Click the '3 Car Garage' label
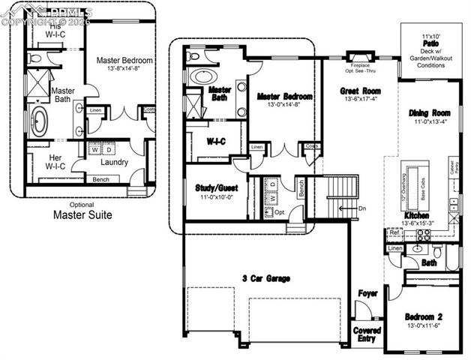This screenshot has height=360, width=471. (x=266, y=279)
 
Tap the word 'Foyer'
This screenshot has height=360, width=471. (x=367, y=293)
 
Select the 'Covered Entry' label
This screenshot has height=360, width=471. (x=367, y=334)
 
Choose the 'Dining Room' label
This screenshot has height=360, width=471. (x=429, y=113)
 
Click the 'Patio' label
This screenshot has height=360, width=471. (x=430, y=44)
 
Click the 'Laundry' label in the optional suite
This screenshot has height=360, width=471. (x=113, y=162)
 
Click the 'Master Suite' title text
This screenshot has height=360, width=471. (x=82, y=215)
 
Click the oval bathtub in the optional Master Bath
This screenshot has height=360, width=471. (x=38, y=121)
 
